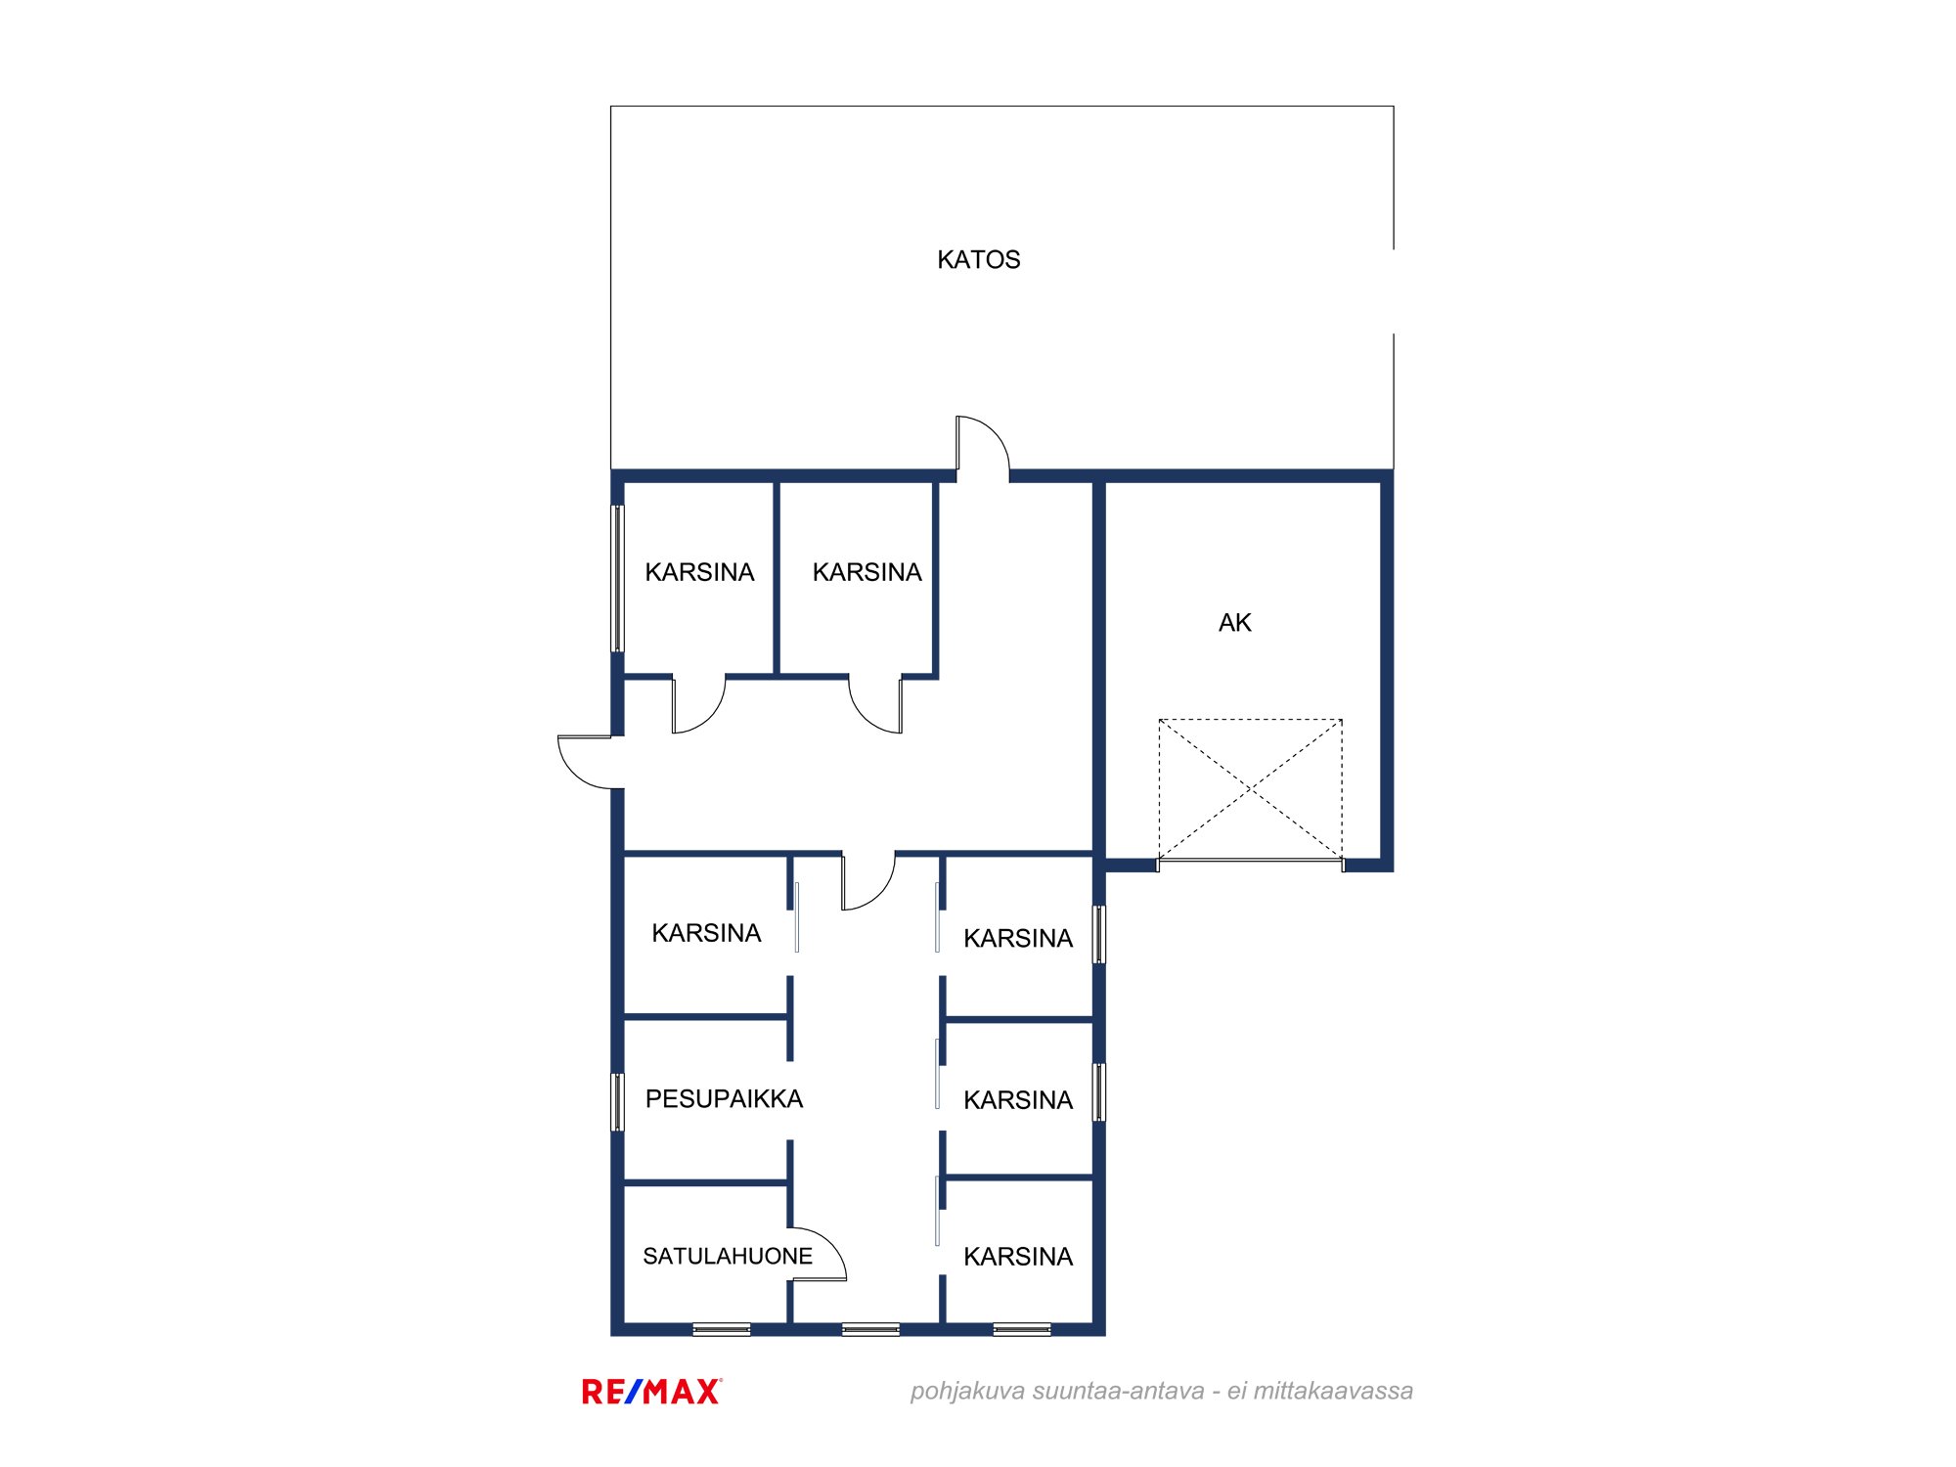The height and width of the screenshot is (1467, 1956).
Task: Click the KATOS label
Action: [x=978, y=259]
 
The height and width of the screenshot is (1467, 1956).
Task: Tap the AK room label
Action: [x=1234, y=622]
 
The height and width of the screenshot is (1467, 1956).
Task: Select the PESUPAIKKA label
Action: [x=724, y=1098]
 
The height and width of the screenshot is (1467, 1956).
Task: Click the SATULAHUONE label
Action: [x=728, y=1256]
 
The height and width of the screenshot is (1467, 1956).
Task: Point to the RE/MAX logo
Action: [x=652, y=1391]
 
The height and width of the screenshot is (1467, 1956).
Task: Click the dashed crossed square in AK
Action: [x=1250, y=789]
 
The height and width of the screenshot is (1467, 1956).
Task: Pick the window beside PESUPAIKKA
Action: [x=617, y=1102]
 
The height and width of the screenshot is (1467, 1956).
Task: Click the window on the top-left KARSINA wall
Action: [x=617, y=578]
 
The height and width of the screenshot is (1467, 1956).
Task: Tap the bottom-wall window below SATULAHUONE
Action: [x=722, y=1329]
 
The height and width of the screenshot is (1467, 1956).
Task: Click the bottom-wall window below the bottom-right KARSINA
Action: [x=1022, y=1329]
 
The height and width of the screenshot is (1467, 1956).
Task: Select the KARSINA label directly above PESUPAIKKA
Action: [x=706, y=933]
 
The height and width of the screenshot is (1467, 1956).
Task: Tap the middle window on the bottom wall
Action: [x=870, y=1329]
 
